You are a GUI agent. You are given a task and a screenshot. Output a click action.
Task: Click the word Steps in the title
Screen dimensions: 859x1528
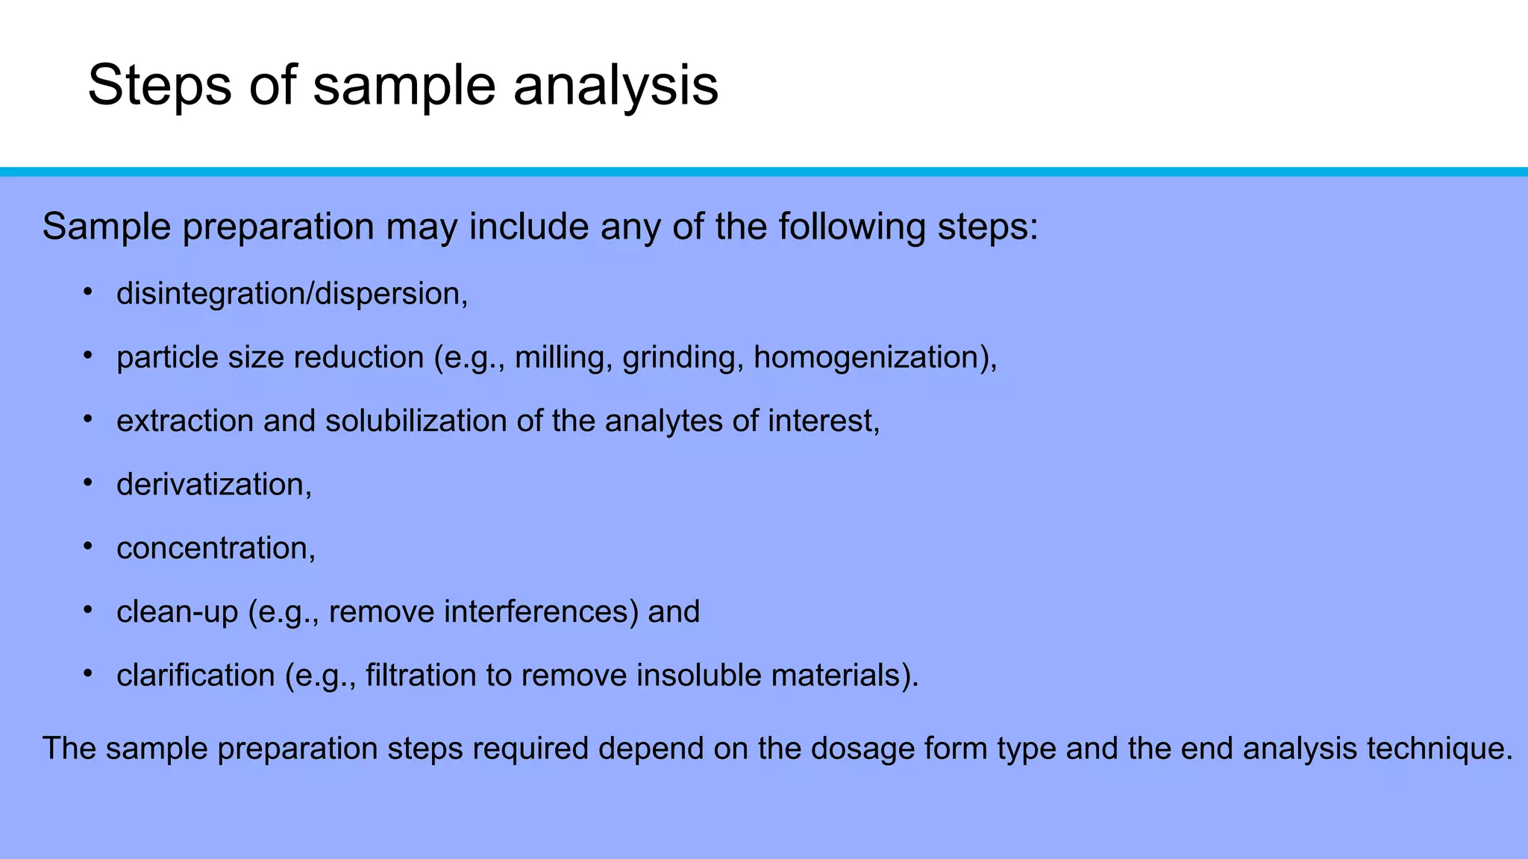pyautogui.click(x=160, y=85)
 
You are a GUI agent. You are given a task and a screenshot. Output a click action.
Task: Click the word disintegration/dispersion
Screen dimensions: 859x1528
pyautogui.click(x=291, y=294)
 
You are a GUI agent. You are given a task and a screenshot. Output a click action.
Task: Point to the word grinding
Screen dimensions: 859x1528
pyautogui.click(x=679, y=357)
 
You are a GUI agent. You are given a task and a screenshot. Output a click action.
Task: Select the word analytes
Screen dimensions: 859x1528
pyautogui.click(x=663, y=421)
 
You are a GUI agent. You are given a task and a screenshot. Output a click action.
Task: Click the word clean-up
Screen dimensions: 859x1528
pyautogui.click(x=178, y=611)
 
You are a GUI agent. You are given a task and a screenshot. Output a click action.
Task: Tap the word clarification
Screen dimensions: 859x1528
pyautogui.click(x=195, y=675)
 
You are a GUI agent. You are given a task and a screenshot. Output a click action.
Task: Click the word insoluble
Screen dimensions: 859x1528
pyautogui.click(x=698, y=675)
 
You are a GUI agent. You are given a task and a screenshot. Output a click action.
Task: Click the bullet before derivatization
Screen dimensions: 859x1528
pyautogui.click(x=87, y=482)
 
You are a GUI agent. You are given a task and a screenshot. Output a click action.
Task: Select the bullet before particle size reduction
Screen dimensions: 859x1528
pyautogui.click(x=87, y=355)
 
